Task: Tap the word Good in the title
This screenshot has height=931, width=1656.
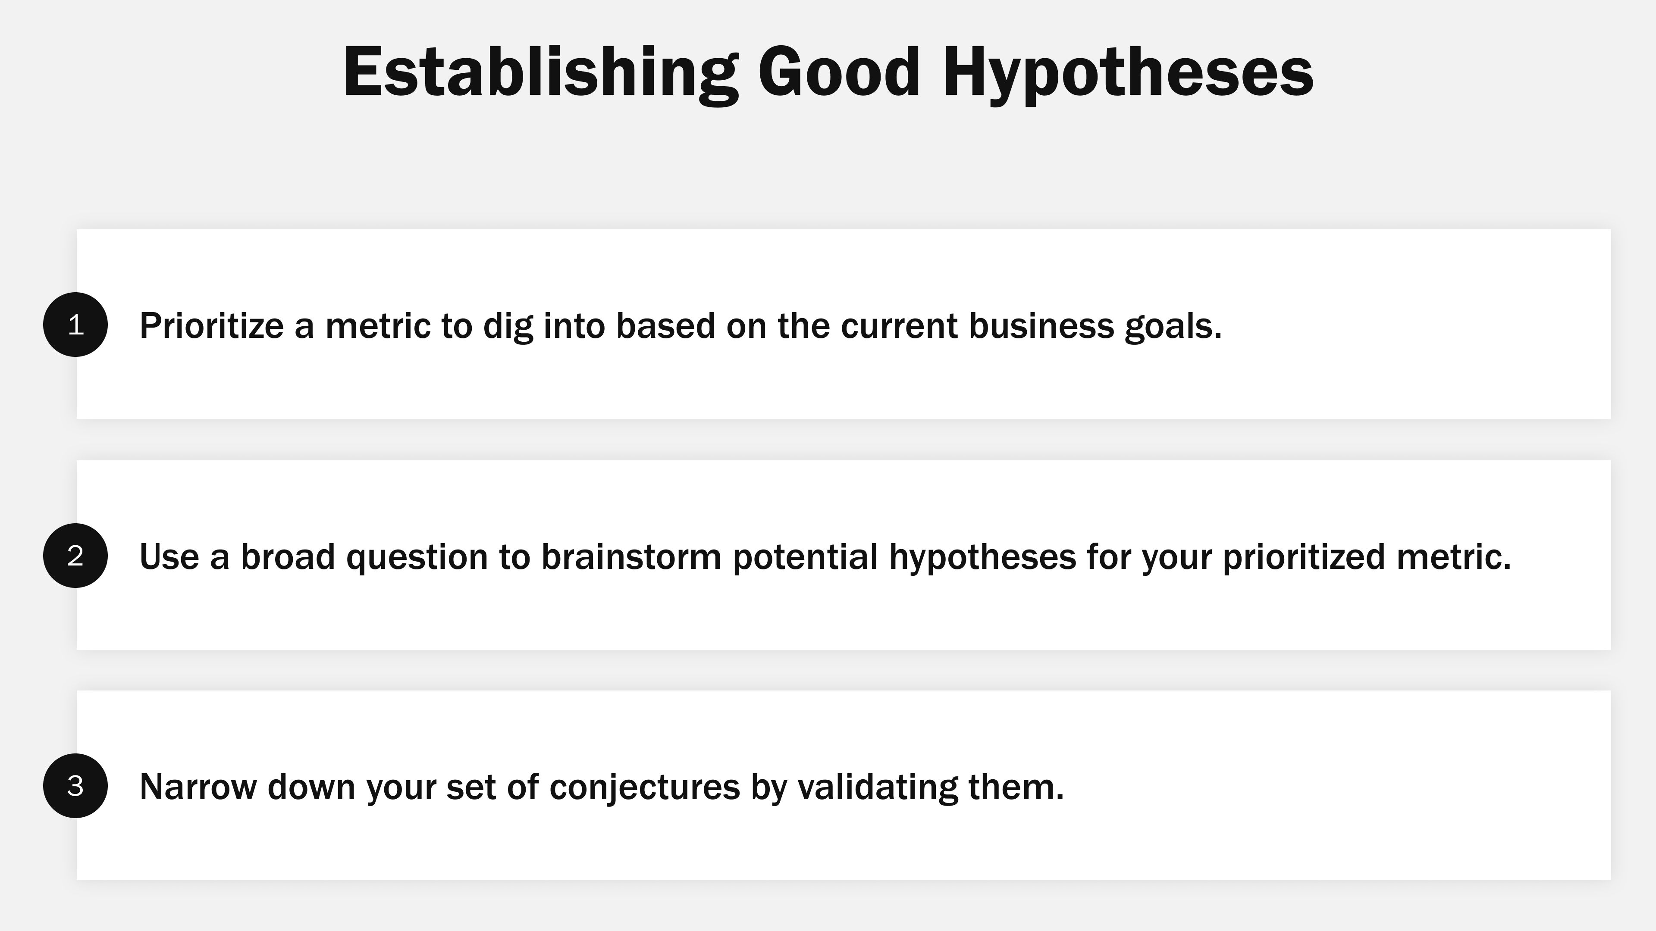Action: [x=839, y=72]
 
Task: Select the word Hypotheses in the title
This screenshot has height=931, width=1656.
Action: [x=1128, y=72]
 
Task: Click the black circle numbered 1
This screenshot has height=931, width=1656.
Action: [x=75, y=325]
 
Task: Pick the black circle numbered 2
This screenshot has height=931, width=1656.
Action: [x=75, y=555]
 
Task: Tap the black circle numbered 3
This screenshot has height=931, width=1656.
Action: [x=75, y=785]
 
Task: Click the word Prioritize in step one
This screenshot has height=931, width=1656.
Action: [x=211, y=326]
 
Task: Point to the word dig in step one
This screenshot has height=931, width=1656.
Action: [x=508, y=326]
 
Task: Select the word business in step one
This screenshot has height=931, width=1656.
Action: [x=1041, y=326]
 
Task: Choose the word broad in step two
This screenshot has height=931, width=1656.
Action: [x=288, y=556]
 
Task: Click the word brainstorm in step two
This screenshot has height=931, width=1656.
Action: [x=631, y=556]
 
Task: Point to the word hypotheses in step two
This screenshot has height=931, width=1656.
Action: [x=982, y=556]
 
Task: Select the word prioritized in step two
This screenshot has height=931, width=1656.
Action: [x=1304, y=556]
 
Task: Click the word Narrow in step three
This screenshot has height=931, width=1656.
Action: [x=198, y=787]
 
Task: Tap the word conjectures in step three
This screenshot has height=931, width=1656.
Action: [x=645, y=787]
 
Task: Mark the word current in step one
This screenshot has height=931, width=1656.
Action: [x=899, y=326]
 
